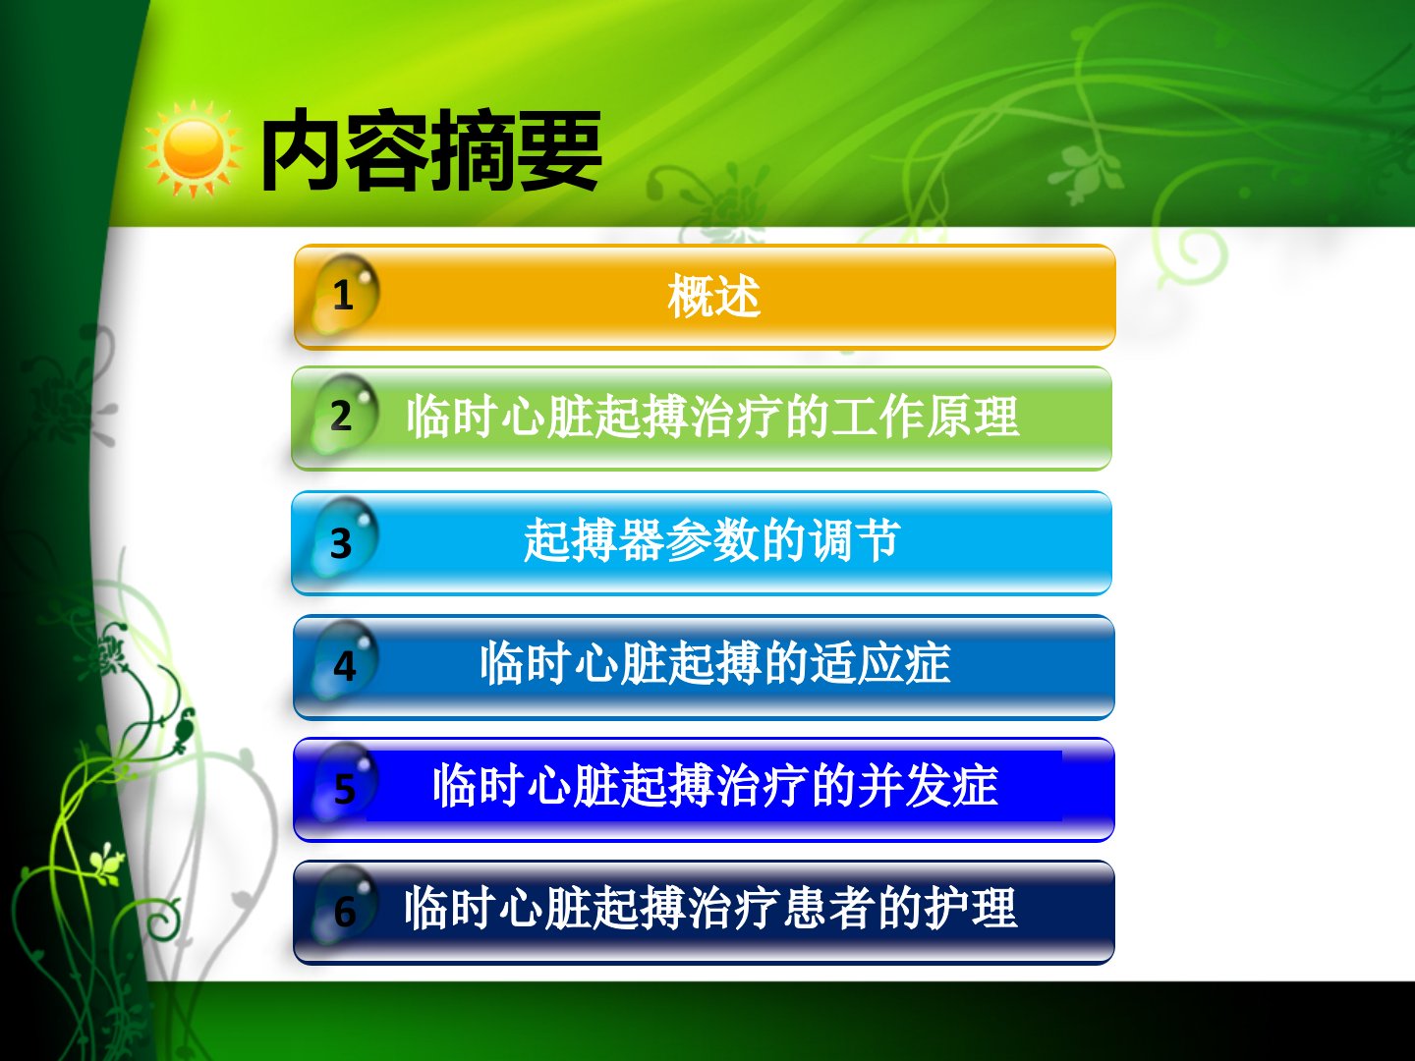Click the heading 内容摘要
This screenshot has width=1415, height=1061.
coord(430,150)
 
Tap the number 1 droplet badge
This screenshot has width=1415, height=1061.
coord(344,296)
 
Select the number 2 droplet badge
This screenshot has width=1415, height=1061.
coord(342,416)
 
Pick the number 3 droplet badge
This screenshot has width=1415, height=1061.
coord(342,540)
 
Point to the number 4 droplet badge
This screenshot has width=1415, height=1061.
coord(344,662)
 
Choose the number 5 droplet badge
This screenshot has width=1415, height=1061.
coord(344,785)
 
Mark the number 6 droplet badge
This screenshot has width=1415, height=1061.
coord(344,908)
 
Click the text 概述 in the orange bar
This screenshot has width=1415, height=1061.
coord(713,296)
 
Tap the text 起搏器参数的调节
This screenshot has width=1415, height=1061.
coord(711,540)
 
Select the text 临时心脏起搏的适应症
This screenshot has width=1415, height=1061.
coord(715,662)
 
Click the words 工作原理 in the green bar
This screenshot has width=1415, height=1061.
coord(925,417)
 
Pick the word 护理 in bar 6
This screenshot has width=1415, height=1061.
coord(971,908)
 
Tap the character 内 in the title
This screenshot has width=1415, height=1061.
coord(303,150)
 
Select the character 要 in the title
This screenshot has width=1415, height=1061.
coord(560,150)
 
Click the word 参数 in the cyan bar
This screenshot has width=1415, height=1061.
coord(711,540)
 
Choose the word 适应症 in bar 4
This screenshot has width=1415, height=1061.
coord(880,662)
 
